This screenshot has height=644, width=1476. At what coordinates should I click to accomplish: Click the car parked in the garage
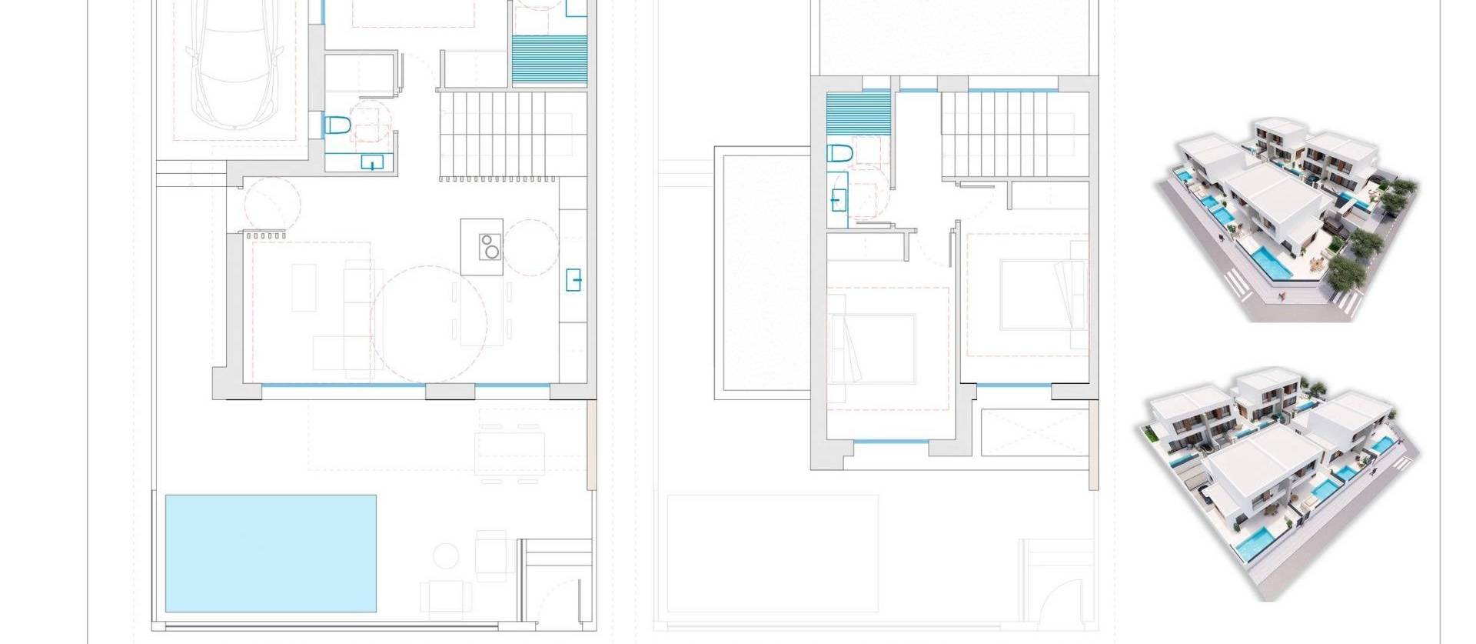tap(235, 65)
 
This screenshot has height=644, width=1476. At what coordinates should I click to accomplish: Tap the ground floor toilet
tap(337, 125)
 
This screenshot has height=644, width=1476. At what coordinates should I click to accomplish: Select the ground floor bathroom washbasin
tap(372, 162)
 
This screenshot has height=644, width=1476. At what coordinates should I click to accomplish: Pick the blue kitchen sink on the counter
tap(573, 279)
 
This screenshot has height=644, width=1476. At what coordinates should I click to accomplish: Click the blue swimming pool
tap(271, 552)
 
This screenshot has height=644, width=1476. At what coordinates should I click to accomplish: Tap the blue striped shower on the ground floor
tap(549, 60)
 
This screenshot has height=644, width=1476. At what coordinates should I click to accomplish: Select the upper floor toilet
tap(839, 153)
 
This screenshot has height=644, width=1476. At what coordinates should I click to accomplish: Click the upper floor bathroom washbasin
tap(838, 200)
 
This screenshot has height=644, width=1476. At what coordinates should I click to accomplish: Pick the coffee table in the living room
tap(304, 288)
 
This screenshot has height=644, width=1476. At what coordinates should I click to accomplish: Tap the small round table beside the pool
tap(446, 555)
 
